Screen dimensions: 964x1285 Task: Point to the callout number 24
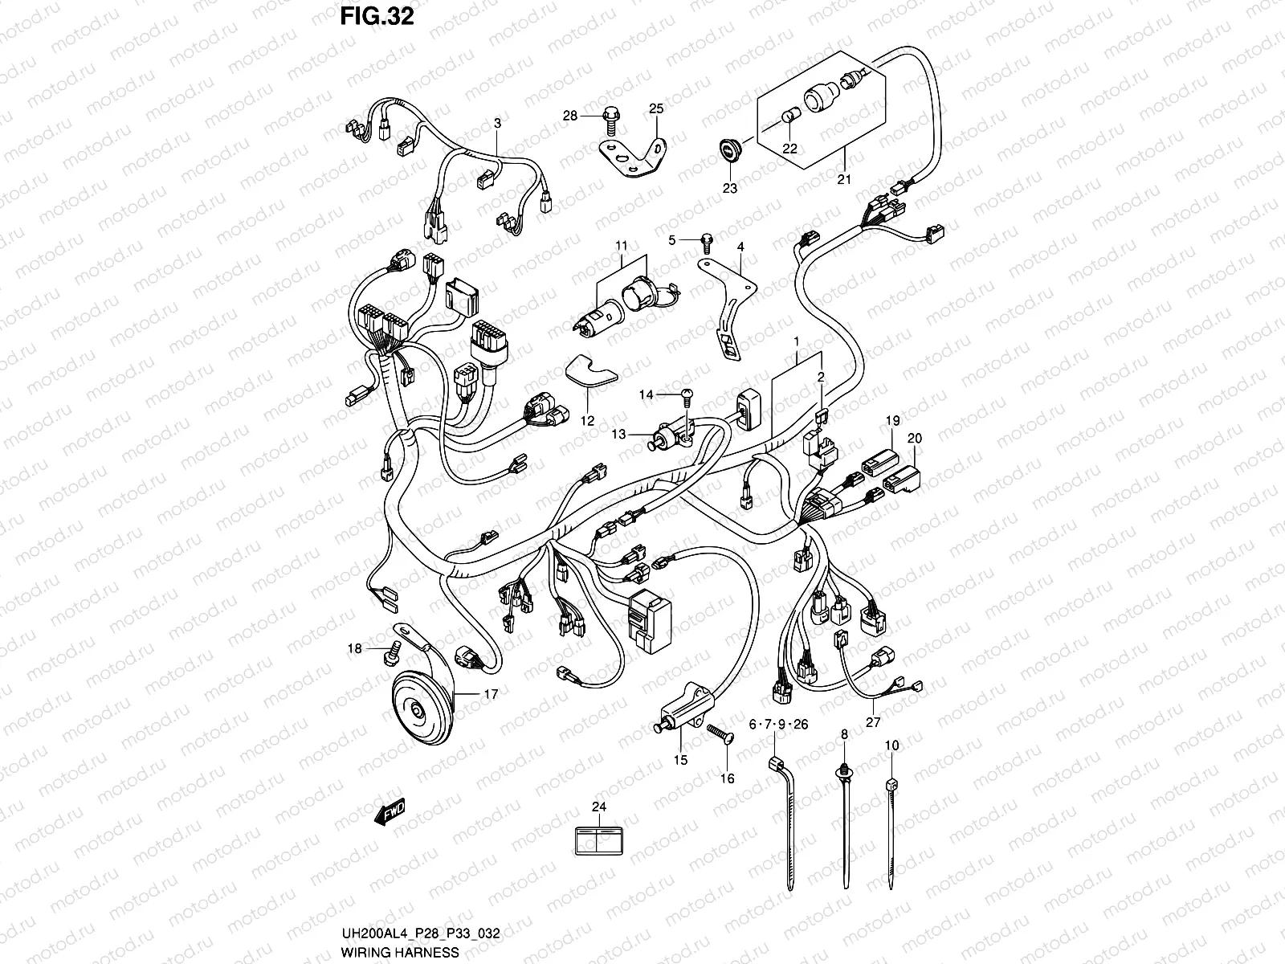pyautogui.click(x=599, y=807)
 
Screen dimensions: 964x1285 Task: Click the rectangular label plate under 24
pyautogui.click(x=599, y=841)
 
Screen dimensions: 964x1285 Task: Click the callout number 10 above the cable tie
pyautogui.click(x=891, y=745)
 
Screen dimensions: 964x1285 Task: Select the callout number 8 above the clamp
pyautogui.click(x=844, y=734)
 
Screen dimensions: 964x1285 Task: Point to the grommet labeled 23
pyautogui.click(x=730, y=151)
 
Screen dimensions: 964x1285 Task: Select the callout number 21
pyautogui.click(x=843, y=179)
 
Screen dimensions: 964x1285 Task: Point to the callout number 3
pyautogui.click(x=497, y=123)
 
